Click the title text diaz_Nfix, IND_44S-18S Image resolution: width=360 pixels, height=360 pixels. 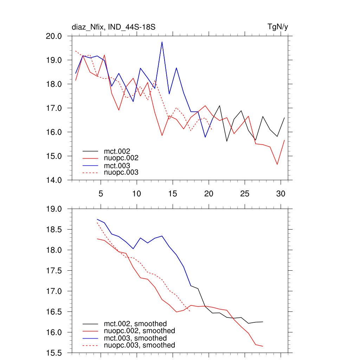click(x=114, y=27)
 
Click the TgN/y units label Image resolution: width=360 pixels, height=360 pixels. click(x=278, y=27)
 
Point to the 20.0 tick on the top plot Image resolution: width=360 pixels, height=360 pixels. click(x=54, y=36)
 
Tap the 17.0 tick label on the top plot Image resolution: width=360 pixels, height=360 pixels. click(x=54, y=108)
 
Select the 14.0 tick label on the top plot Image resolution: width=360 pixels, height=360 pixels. click(x=54, y=180)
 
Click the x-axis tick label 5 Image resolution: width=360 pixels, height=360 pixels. click(x=101, y=194)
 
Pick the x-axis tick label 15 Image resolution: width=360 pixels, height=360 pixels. click(x=172, y=194)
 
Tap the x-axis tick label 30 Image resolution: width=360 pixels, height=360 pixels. click(x=280, y=194)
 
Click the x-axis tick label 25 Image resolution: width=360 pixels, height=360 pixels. click(x=244, y=194)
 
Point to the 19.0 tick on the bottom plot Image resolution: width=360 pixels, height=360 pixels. click(x=54, y=209)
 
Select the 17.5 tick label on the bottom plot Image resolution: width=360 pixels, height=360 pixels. click(x=54, y=271)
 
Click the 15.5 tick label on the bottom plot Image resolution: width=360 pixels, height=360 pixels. click(x=54, y=353)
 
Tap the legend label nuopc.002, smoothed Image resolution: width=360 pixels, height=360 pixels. click(x=139, y=331)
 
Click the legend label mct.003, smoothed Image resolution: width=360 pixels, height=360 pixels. click(x=135, y=338)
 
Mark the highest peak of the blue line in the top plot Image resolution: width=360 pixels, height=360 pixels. click(x=162, y=42)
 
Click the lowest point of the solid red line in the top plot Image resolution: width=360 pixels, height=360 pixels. click(x=277, y=164)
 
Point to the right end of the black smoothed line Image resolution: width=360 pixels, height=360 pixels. click(x=263, y=322)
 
